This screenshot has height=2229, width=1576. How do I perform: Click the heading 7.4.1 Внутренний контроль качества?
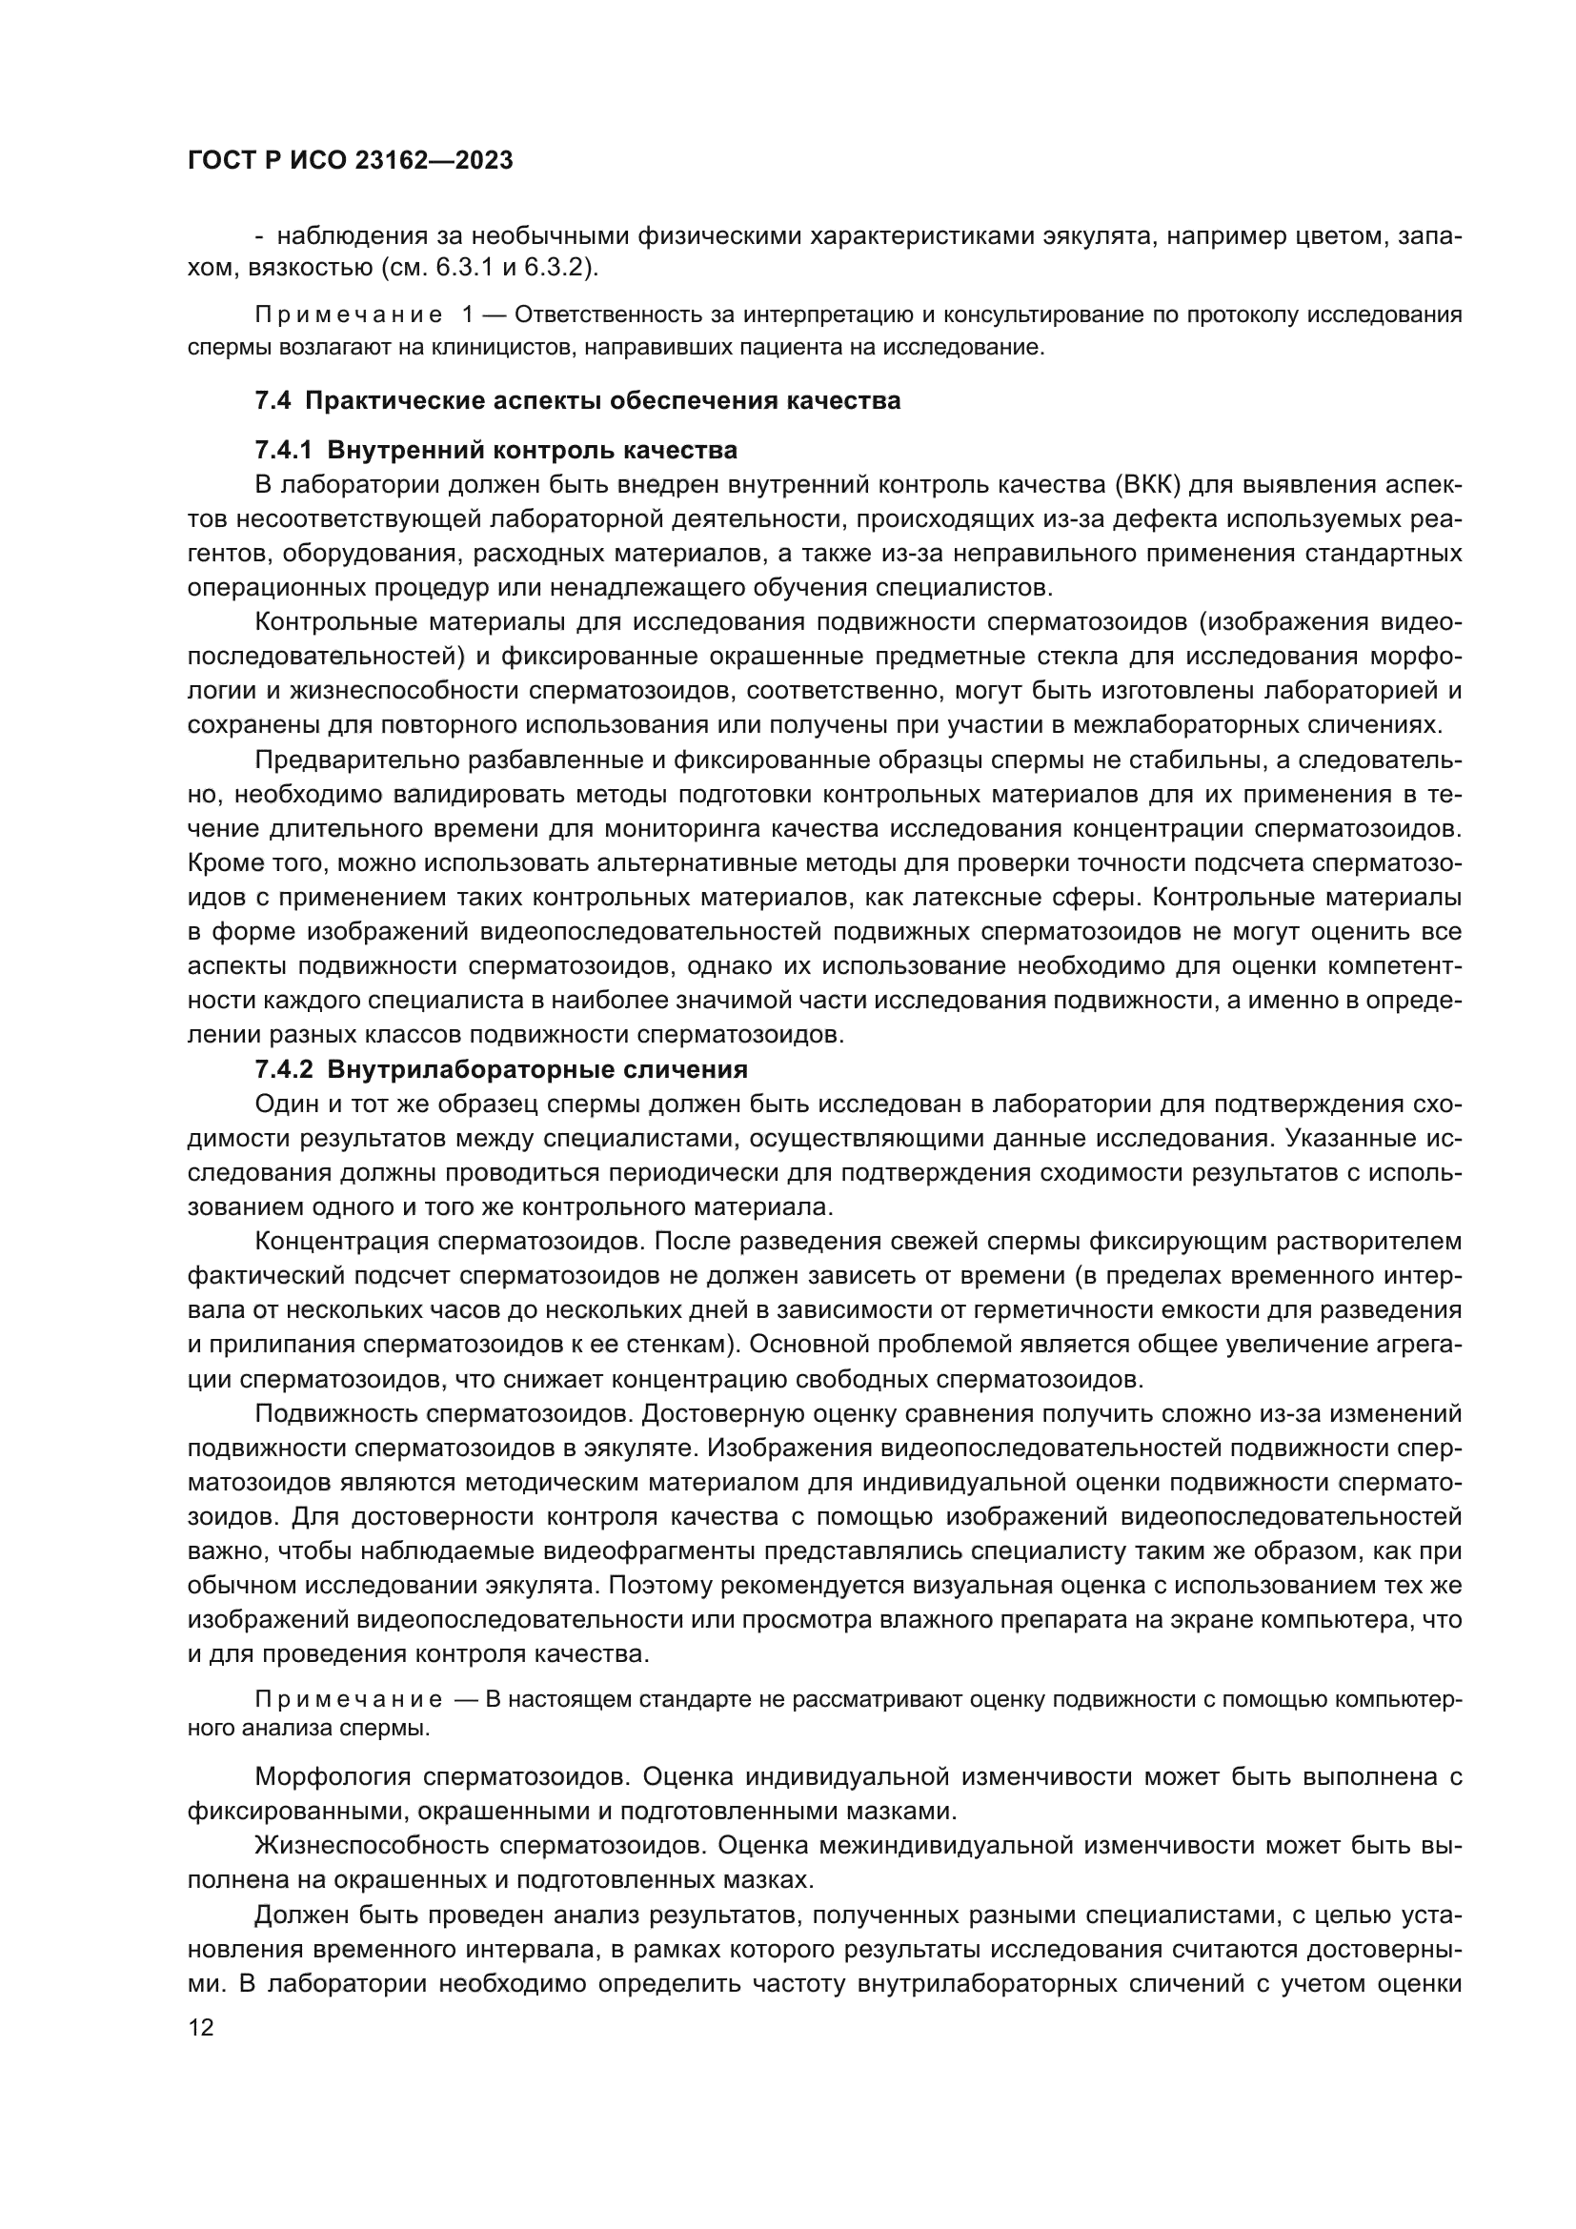(x=495, y=451)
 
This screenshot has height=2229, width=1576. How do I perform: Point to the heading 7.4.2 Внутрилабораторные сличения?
(x=501, y=1070)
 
